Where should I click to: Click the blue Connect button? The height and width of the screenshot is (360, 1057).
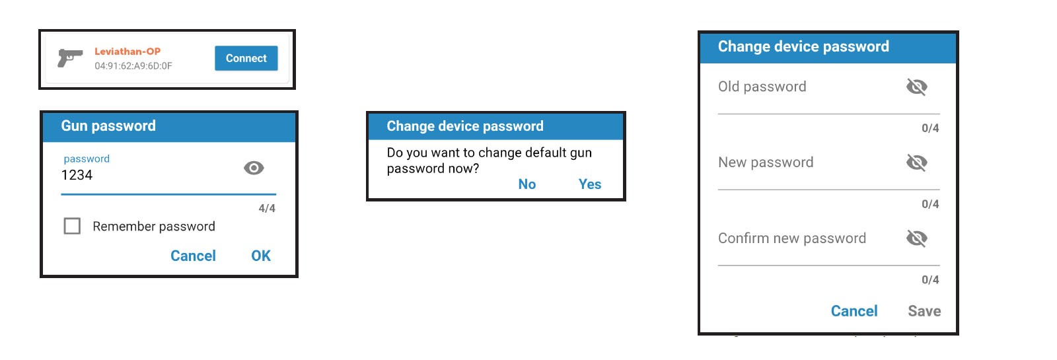coord(246,58)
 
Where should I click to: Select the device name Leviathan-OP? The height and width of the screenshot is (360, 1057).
coord(128,51)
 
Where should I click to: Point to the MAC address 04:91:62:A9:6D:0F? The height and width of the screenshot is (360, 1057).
coord(133,66)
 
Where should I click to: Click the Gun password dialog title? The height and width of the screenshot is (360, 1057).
coord(108,126)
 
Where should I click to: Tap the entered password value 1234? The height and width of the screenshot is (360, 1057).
coord(77,175)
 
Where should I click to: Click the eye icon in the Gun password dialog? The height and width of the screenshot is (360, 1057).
coord(254,168)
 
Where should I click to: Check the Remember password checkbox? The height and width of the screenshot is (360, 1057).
coord(72,226)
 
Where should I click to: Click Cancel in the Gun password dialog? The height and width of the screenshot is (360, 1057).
coord(193,256)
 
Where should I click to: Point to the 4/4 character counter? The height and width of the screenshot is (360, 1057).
coord(267,208)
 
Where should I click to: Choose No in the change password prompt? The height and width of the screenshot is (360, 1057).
coord(527,184)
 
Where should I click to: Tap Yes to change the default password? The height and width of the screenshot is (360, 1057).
coord(590,184)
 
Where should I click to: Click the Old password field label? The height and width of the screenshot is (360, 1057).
coord(762,87)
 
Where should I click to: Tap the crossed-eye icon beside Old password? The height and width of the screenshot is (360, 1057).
coord(917,87)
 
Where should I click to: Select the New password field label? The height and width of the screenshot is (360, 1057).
coord(766,162)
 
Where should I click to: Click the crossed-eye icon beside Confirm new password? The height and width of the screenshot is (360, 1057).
coord(917,238)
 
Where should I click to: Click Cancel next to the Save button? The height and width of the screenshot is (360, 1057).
coord(854,311)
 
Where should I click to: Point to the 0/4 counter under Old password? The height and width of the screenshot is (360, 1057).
coord(931,128)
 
